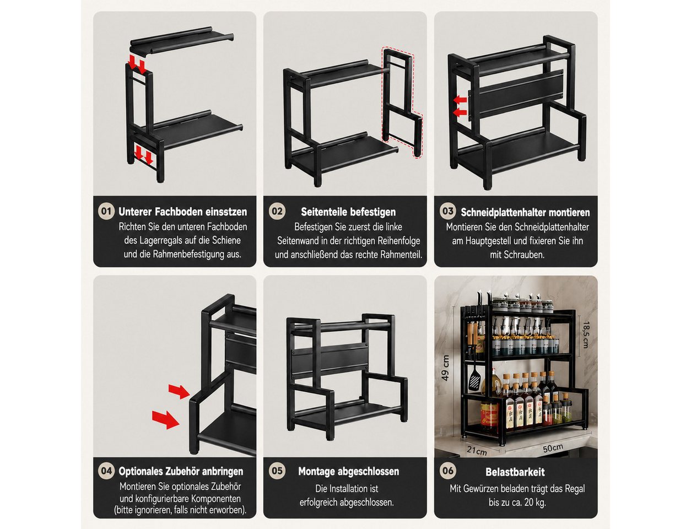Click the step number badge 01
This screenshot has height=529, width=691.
pyautogui.click(x=106, y=212)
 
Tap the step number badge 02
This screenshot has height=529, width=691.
pyautogui.click(x=277, y=212)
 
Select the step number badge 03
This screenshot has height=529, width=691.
pyautogui.click(x=448, y=212)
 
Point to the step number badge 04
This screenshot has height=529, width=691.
pyautogui.click(x=106, y=471)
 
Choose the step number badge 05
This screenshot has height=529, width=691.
pyautogui.click(x=277, y=471)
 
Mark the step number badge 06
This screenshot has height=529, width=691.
pyautogui.click(x=448, y=471)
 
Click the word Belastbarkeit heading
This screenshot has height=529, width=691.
pyautogui.click(x=515, y=472)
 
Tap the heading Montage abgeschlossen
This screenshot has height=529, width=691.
pyautogui.click(x=348, y=472)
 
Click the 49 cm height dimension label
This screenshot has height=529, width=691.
pyautogui.click(x=445, y=368)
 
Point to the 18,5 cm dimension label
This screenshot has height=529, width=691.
pyautogui.click(x=586, y=335)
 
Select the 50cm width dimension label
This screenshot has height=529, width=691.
pyautogui.click(x=553, y=449)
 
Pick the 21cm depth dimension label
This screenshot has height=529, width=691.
pyautogui.click(x=477, y=451)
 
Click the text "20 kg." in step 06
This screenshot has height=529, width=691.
pyautogui.click(x=533, y=503)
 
